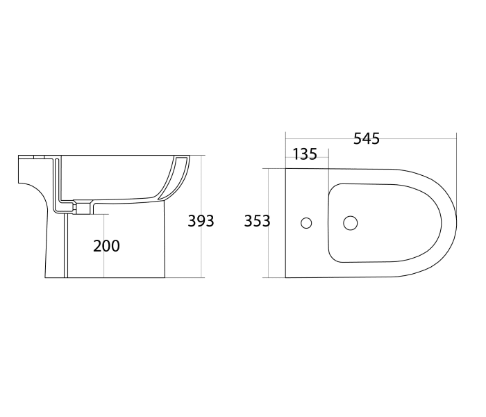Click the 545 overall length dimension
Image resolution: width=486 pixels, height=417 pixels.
coord(367,138)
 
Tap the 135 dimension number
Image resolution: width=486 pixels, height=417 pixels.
coord(304,154)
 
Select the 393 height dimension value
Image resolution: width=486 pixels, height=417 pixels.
coord(201,222)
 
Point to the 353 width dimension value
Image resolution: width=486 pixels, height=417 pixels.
coord(257,222)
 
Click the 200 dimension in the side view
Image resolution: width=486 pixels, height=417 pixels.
coord(107,245)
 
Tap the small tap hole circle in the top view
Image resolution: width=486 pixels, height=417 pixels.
coord(306,223)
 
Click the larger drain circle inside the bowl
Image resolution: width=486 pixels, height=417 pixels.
coord(351,223)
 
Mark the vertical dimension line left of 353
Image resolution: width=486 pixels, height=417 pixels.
coord(269,195)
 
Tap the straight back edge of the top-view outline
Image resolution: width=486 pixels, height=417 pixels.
coord(286,223)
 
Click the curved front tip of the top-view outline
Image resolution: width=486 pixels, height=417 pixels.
coord(455,223)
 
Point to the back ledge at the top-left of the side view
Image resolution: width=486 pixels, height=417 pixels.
coord(31,157)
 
